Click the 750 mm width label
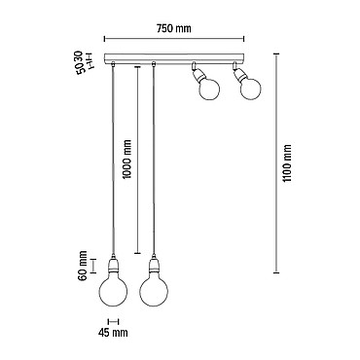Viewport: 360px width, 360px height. [174, 28]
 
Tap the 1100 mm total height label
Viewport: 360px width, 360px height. [287, 163]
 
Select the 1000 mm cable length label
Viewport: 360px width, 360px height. [127, 160]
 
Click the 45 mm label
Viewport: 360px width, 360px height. [113, 333]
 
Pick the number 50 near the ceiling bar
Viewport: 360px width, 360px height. [82, 69]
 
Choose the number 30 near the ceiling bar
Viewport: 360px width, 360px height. [82, 56]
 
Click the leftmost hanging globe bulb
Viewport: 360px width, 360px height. [113, 291]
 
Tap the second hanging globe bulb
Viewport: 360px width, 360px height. [154, 291]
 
